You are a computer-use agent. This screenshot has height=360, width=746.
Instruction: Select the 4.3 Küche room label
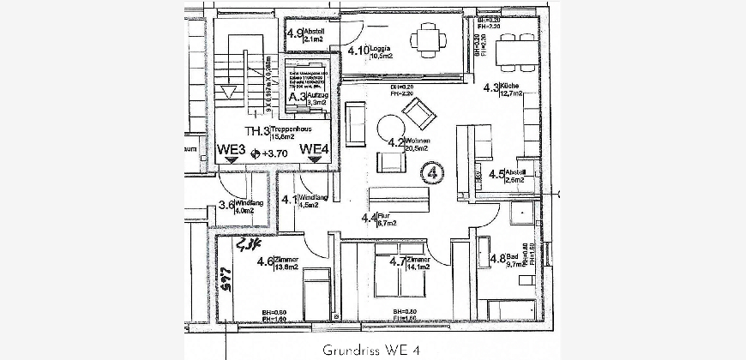tap(500, 88)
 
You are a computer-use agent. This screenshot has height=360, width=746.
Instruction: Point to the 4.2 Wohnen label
tap(407, 143)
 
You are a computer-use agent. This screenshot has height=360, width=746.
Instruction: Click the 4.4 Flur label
tap(379, 219)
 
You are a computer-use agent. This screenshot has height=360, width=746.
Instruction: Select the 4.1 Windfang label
tap(299, 201)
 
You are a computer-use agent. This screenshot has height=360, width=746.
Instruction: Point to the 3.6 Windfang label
tap(236, 205)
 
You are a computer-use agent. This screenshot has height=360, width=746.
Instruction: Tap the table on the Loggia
tap(426, 38)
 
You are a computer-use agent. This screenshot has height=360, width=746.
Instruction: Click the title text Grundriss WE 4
tap(371, 351)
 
